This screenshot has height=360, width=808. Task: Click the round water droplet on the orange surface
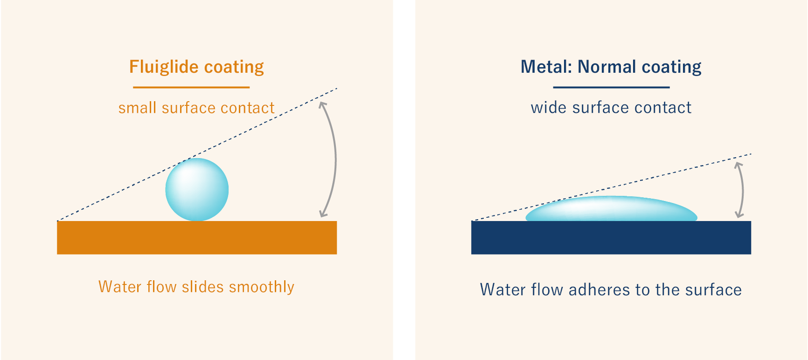[x=197, y=190]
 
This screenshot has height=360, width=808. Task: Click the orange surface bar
[x=197, y=238]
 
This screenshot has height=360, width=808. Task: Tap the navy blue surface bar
[x=611, y=238]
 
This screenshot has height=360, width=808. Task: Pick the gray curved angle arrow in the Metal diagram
[x=742, y=190]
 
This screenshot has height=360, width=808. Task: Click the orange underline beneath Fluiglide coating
[x=191, y=87]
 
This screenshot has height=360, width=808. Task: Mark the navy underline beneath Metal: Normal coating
[x=611, y=87]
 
